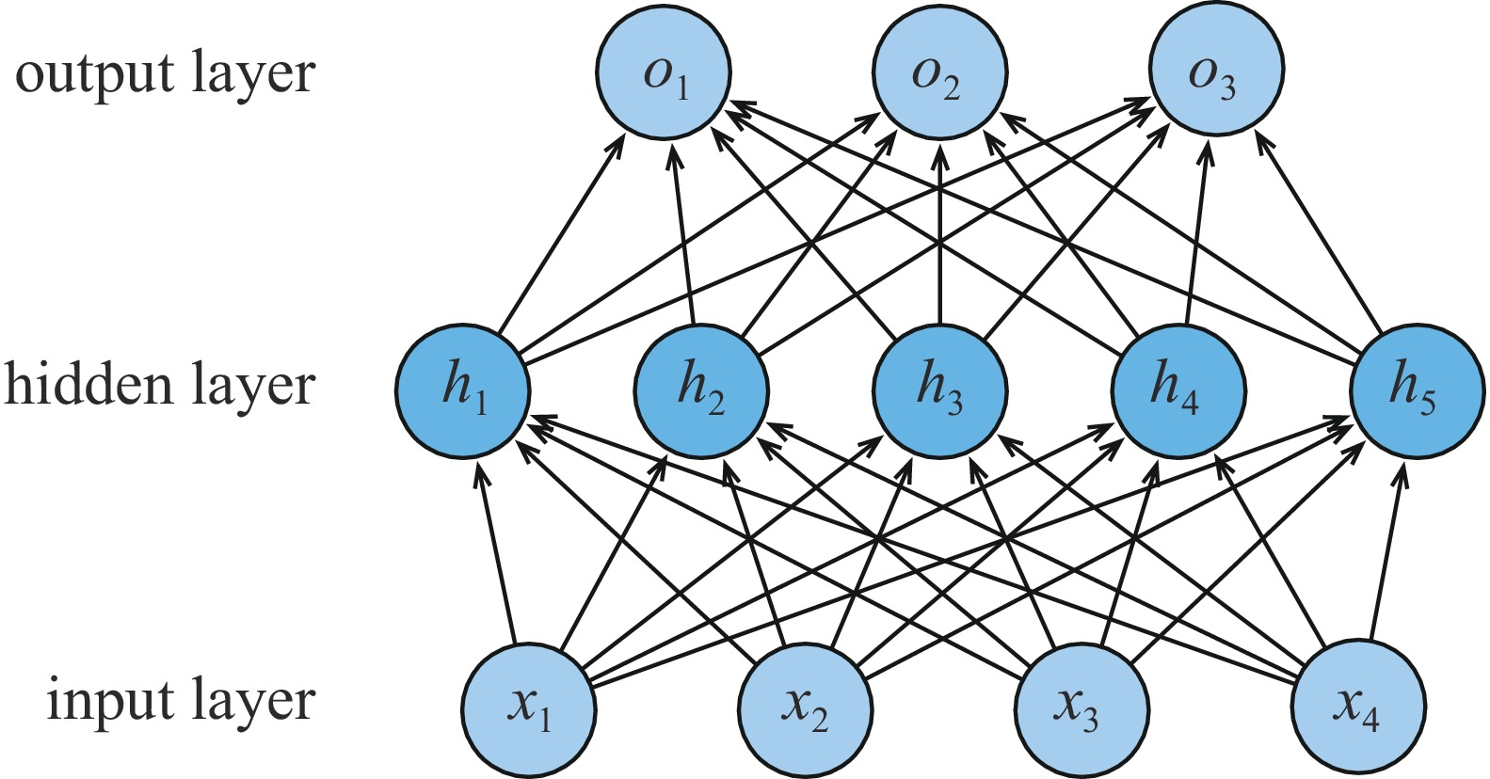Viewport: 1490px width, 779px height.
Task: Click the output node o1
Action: point(664,72)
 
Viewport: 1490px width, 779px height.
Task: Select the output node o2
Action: point(939,72)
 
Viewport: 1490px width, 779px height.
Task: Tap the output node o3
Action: point(1216,72)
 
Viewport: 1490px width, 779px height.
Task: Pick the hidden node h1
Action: point(462,390)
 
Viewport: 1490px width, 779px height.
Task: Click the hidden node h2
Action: point(701,390)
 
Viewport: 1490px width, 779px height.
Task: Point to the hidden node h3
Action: point(939,390)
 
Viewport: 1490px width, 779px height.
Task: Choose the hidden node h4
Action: point(1178,390)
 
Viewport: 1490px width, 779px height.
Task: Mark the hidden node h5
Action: point(1417,390)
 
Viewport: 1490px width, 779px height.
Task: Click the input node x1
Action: point(528,707)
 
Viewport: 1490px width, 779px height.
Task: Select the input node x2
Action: point(805,707)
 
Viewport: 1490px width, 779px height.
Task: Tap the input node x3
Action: point(1081,707)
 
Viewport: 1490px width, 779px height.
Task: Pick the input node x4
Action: point(1358,707)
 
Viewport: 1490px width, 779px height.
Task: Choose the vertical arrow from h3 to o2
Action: point(939,235)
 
